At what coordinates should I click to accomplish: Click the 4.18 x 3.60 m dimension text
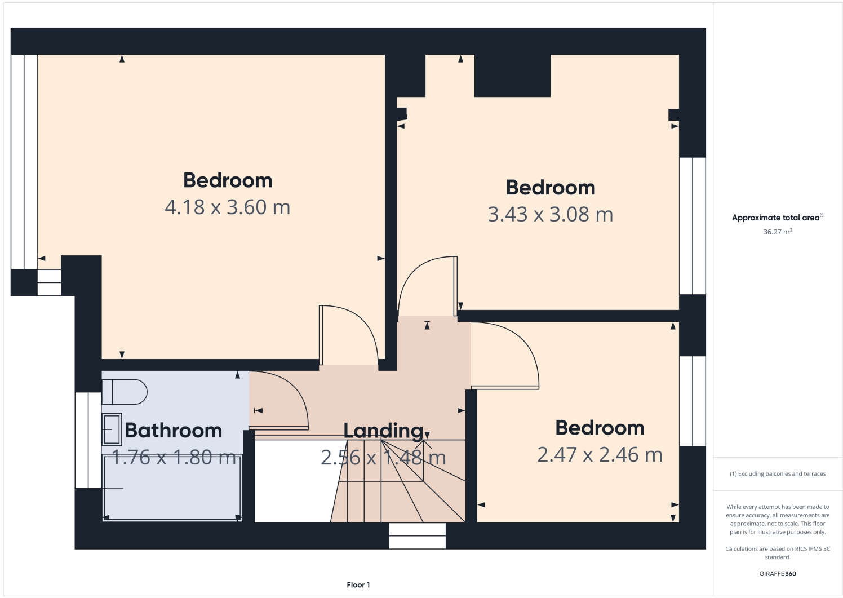227,207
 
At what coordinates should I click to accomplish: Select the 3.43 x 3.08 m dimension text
550,215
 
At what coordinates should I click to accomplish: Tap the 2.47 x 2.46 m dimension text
600,455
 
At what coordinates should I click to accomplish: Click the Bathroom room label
173,431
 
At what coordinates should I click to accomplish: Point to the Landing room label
383,431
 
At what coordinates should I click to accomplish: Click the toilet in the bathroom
125,392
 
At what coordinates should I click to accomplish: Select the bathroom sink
112,429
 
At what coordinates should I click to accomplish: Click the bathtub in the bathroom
172,488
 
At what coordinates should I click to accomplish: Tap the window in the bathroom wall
88,440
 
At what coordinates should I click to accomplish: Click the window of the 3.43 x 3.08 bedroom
692,225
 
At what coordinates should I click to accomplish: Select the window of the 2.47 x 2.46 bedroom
692,401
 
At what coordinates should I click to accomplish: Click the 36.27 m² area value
777,232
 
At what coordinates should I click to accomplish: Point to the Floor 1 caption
358,585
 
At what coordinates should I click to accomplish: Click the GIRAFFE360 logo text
777,574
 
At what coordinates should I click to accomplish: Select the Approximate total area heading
777,218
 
